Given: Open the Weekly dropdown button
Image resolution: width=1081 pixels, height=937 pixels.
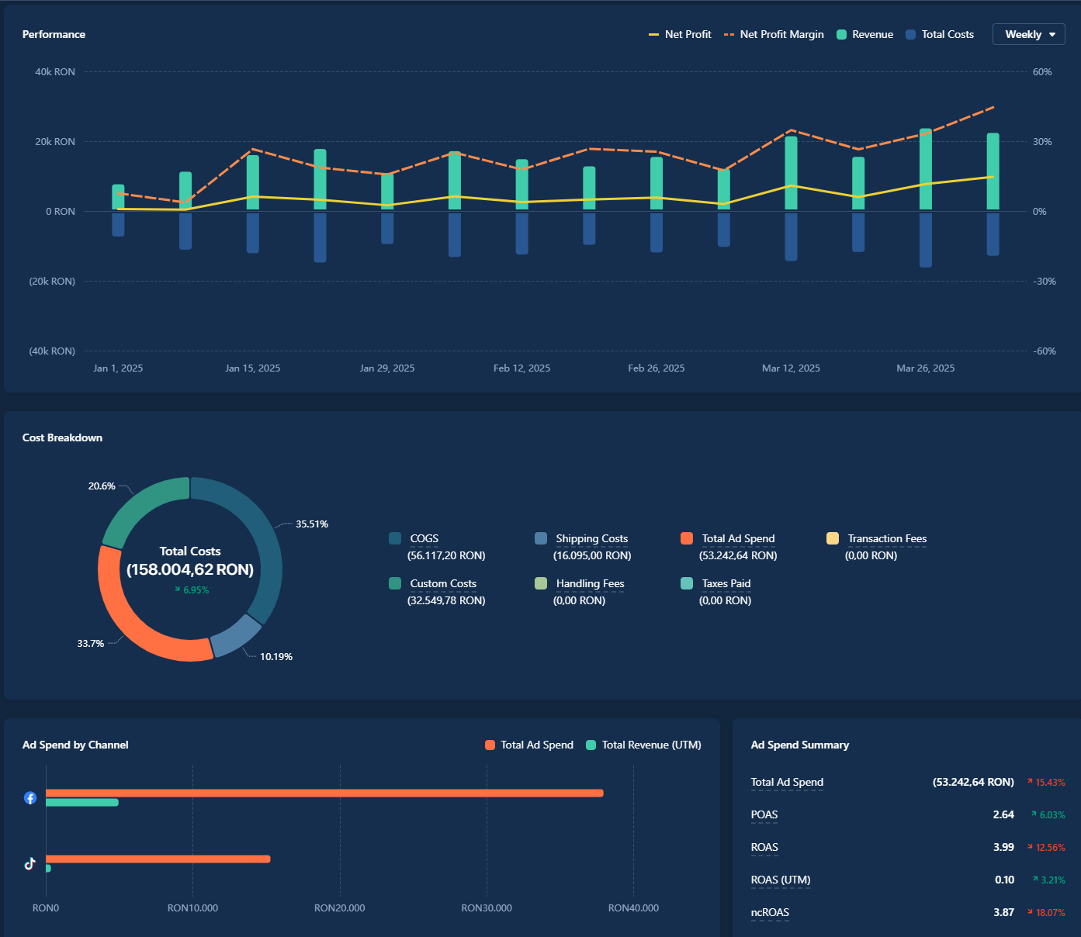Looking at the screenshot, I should point(1028,34).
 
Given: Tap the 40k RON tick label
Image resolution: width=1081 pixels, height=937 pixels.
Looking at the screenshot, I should point(55,72).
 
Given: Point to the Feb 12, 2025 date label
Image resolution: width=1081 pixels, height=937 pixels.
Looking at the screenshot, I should point(521,368).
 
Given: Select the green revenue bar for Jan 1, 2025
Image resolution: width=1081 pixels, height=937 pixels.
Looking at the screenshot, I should point(118,197).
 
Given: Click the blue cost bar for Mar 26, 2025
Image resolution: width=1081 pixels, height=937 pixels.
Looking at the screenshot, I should point(926,240).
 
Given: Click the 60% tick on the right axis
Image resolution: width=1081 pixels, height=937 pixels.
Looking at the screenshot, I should point(1042,72).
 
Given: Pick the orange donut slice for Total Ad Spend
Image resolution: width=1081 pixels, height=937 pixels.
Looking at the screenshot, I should point(140,621).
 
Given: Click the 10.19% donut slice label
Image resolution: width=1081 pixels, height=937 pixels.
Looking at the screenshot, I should point(276,657).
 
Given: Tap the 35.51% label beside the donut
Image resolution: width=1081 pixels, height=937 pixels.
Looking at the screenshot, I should point(312,524).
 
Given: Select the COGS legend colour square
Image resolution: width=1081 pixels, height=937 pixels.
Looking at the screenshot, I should point(395,538).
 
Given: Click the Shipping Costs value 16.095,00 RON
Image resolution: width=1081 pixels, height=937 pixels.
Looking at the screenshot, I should point(592,555).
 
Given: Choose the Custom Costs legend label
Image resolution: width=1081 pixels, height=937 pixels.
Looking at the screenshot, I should point(443,583).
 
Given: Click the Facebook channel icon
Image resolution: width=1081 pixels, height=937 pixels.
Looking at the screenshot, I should point(30,797).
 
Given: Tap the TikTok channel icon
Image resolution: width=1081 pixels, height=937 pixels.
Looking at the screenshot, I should point(30,863).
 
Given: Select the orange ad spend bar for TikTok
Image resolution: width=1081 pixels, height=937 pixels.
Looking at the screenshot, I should point(158,859).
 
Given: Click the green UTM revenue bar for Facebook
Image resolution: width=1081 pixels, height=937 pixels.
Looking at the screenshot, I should point(82,802).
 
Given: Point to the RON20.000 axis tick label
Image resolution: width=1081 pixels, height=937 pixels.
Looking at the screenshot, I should point(339,908).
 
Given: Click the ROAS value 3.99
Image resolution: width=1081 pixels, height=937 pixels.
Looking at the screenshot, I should point(1003,847).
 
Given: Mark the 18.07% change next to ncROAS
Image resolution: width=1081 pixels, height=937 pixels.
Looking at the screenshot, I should point(1050,913).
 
